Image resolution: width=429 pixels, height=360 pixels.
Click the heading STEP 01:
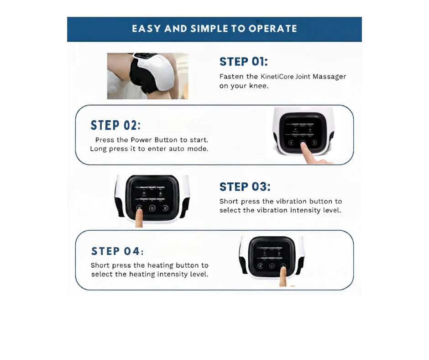[244, 62]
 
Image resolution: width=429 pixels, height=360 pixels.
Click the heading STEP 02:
[115, 126]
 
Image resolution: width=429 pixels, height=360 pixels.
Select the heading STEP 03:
[245, 187]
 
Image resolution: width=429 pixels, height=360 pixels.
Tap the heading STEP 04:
[117, 251]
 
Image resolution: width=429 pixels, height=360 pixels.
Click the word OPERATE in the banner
[273, 29]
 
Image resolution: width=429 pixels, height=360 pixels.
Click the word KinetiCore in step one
[277, 76]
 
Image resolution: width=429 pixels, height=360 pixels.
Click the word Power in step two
[141, 140]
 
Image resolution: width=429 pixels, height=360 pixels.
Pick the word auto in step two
[177, 149]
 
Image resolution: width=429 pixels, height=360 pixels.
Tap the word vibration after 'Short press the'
[291, 201]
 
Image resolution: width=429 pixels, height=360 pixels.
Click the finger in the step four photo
[283, 276]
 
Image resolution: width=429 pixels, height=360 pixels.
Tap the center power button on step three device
[152, 208]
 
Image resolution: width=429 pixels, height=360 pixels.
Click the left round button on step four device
[260, 266]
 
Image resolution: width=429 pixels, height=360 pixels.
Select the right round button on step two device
[314, 143]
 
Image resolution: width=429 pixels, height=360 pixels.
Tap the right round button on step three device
[165, 208]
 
